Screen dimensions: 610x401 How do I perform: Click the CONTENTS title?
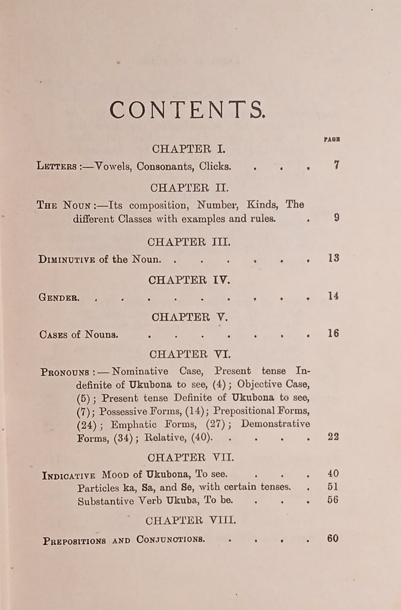coord(187,110)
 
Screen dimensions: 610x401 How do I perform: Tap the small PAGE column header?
coord(332,139)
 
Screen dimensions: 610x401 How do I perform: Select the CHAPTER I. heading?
coord(186,149)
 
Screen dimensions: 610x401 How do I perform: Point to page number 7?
coord(336,166)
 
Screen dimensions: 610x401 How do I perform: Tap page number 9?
coord(336,217)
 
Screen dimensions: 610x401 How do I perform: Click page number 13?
coord(333,258)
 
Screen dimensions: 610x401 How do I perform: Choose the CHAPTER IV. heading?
coord(188,279)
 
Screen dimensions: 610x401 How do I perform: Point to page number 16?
coord(333,333)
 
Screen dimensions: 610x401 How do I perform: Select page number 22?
coord(333,437)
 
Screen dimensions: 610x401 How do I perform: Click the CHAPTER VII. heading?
coord(190,457)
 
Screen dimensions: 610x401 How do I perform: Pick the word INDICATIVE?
coord(69,475)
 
